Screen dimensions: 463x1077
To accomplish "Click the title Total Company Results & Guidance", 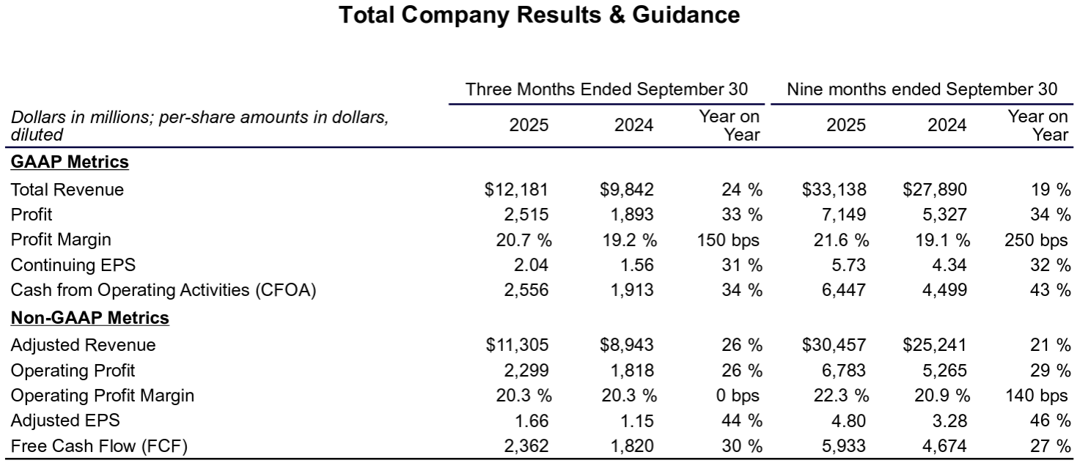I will click(539, 15).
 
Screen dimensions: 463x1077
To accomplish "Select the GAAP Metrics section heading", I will click(70, 163).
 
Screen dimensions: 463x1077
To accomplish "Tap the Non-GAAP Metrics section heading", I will click(89, 318).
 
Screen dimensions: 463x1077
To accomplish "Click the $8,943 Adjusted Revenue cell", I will click(626, 345).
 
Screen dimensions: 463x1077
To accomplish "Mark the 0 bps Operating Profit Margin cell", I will click(738, 396).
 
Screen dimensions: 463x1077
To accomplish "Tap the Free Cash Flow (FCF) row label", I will click(99, 445).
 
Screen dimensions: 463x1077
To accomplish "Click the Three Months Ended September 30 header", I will click(607, 89).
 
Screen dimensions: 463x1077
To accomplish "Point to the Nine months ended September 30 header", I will click(922, 89).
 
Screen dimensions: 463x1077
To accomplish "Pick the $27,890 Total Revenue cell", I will click(935, 190).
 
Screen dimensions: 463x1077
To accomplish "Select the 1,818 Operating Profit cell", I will click(631, 370).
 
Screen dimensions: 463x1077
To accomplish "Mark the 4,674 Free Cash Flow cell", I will click(946, 445).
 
